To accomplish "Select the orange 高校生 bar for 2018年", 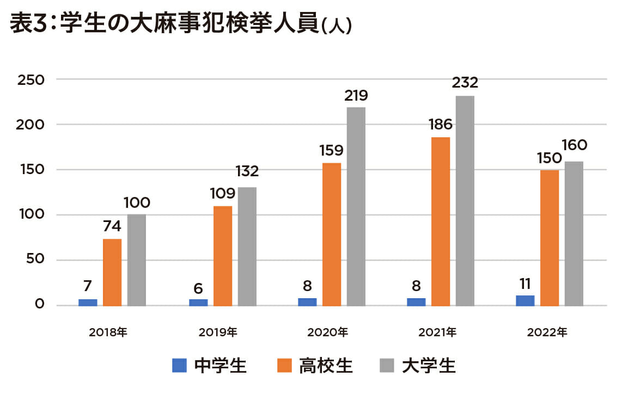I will click(x=112, y=272).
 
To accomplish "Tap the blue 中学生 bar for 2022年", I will click(x=525, y=300).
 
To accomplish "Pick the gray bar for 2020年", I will click(x=356, y=206).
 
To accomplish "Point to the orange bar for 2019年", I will click(x=223, y=256).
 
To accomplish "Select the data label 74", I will click(x=112, y=226).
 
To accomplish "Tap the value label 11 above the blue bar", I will click(x=525, y=283).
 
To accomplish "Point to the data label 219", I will click(x=356, y=96).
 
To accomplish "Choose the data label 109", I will click(x=222, y=193).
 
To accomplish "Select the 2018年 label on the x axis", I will click(x=108, y=331).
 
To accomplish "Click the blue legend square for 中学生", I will click(x=180, y=365).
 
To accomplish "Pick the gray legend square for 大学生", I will click(x=386, y=365).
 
